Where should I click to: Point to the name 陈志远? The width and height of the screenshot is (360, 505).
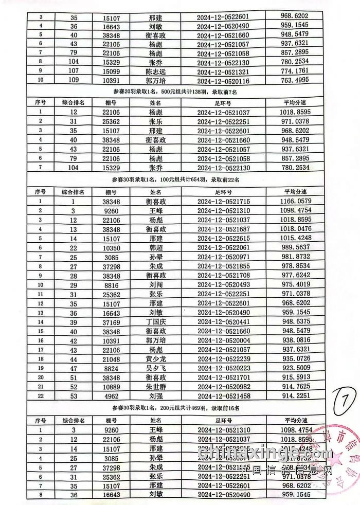click(x=156, y=71)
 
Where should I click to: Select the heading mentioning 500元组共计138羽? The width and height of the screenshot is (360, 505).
click(x=174, y=92)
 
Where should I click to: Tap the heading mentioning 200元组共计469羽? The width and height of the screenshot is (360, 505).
click(x=174, y=408)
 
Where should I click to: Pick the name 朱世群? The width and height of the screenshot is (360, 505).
click(x=156, y=386)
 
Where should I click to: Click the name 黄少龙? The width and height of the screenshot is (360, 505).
click(x=156, y=358)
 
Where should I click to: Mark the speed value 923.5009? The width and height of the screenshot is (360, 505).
click(x=295, y=368)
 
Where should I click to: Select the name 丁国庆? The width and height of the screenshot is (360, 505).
click(x=156, y=321)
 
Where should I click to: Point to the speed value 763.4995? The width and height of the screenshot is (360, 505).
click(x=295, y=81)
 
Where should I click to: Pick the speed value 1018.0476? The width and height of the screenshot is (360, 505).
click(x=295, y=229)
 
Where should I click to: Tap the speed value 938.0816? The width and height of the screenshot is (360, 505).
click(x=295, y=340)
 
